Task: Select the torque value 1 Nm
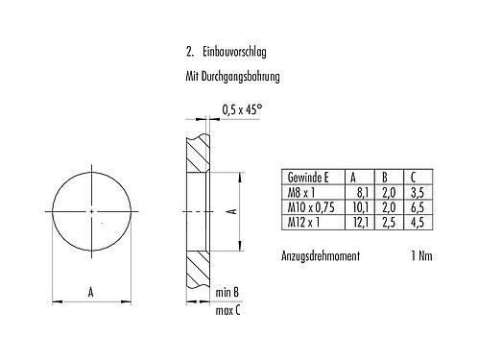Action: click(415, 255)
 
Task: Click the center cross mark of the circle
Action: click(90, 211)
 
